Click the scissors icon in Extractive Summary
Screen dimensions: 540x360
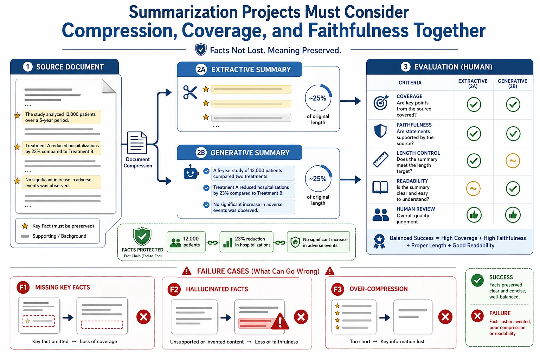pos(190,92)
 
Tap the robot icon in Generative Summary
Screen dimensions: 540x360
pos(191,172)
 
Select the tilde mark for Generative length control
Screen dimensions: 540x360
pos(513,161)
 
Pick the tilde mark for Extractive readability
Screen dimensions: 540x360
pos(473,188)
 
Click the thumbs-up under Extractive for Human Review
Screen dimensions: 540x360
pos(474,215)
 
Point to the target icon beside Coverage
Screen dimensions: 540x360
pos(381,102)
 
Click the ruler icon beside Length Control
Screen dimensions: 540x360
pos(381,159)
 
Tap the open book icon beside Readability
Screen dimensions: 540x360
pos(380,187)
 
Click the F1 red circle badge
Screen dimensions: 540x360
pos(23,288)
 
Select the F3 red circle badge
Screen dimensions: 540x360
pos(337,289)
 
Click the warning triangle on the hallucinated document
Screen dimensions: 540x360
pos(280,322)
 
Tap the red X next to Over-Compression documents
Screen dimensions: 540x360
pos(445,317)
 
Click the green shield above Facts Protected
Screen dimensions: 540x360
pos(142,237)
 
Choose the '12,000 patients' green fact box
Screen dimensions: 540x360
pos(186,242)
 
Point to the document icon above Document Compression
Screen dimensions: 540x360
pos(137,143)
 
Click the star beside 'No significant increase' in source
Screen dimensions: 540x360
pos(17,181)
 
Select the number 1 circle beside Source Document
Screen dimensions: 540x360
pos(28,67)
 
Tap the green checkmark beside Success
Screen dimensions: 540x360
pos(477,280)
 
